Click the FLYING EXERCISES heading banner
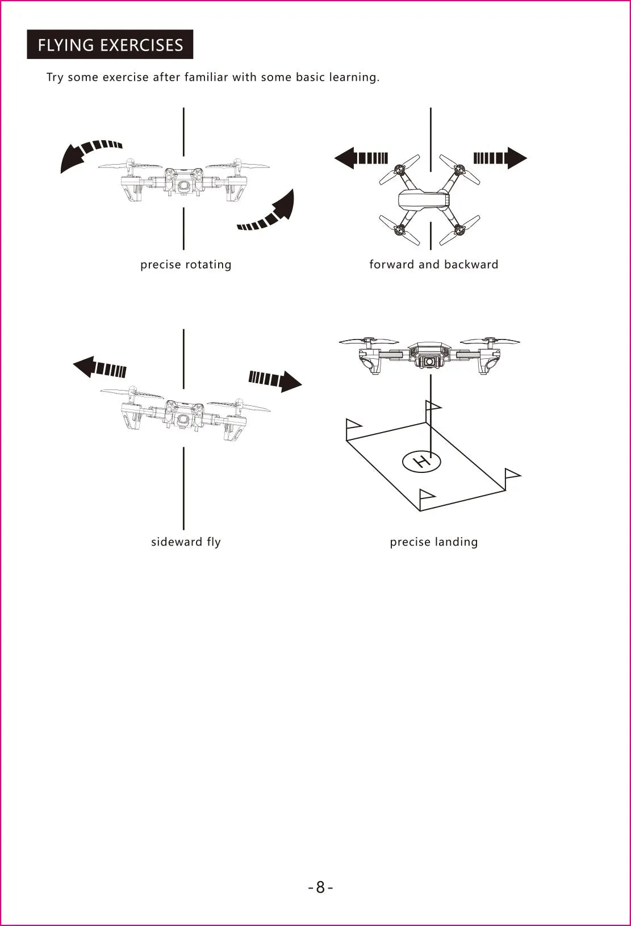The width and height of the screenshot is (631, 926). coord(110,45)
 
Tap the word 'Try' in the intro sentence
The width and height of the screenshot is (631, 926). coord(55,77)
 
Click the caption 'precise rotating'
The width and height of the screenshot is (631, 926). coord(186,265)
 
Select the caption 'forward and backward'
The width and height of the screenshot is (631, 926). coord(433,265)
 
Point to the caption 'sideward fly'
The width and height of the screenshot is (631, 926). coord(186,542)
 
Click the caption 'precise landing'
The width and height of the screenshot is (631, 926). coord(433,542)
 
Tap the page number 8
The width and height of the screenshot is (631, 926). coord(320,887)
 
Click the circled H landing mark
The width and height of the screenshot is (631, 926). coord(421,462)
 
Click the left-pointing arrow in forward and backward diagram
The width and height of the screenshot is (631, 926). coord(360,158)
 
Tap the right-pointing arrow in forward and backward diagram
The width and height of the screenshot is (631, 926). coord(500,158)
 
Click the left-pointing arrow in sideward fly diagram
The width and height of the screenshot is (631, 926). coord(99,368)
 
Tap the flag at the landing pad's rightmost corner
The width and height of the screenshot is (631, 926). coord(512,473)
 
